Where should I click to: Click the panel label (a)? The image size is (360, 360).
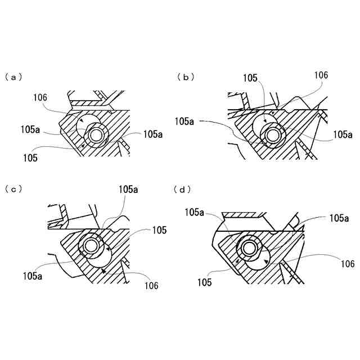pyautogui.click(x=13, y=76)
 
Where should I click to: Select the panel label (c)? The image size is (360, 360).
pyautogui.click(x=13, y=190)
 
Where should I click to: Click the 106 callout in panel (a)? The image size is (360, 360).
pyautogui.click(x=40, y=97)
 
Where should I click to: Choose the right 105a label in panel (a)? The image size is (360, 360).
pyautogui.click(x=153, y=134)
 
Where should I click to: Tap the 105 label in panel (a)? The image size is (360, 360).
pyautogui.click(x=31, y=158)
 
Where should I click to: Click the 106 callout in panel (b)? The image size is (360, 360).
pyautogui.click(x=321, y=75)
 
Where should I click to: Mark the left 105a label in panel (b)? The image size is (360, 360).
pyautogui.click(x=184, y=120)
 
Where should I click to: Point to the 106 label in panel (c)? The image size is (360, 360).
pyautogui.click(x=151, y=286)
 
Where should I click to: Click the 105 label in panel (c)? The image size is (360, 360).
pyautogui.click(x=159, y=230)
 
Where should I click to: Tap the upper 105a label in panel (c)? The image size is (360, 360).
pyautogui.click(x=128, y=190)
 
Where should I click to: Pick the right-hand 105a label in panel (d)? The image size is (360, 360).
pyautogui.click(x=339, y=218)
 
